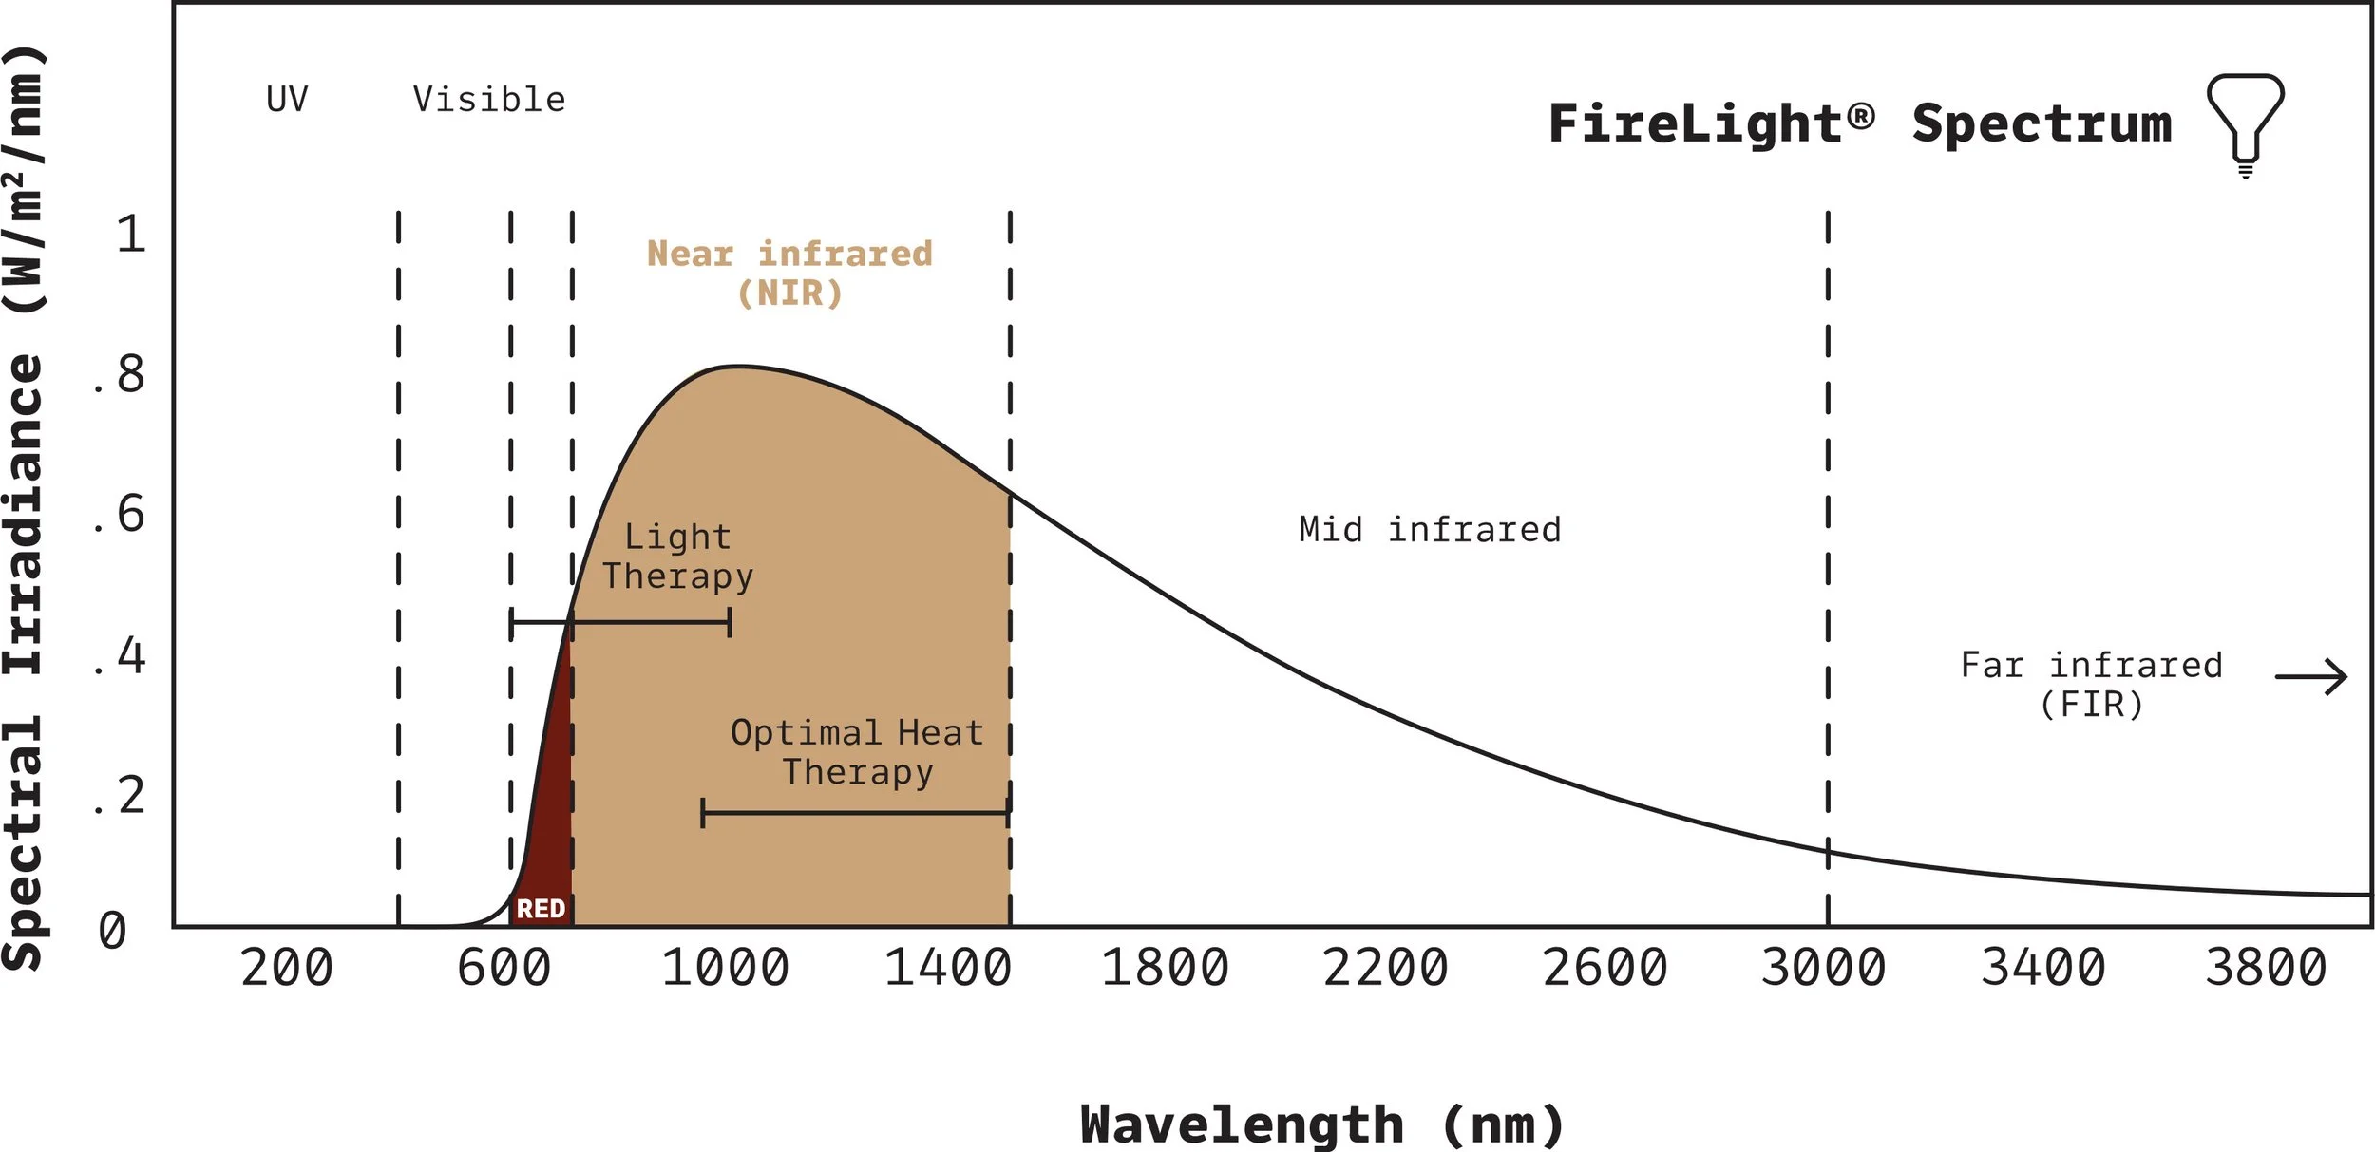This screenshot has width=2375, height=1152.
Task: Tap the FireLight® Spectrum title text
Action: [1859, 124]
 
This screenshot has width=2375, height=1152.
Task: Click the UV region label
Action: [287, 100]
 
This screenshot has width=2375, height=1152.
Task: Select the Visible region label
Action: [489, 100]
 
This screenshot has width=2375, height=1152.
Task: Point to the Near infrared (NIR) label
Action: [789, 273]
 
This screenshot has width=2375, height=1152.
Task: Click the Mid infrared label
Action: [1430, 530]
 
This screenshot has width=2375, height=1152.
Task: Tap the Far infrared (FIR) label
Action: [2091, 685]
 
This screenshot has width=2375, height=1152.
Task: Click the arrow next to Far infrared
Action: [2310, 677]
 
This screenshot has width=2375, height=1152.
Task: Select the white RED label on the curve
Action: [541, 909]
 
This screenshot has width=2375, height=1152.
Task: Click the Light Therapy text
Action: [677, 557]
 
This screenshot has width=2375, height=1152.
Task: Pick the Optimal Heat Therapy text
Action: [857, 752]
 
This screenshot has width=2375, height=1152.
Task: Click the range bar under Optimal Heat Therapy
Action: [855, 813]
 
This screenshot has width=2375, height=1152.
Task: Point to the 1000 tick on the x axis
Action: [725, 969]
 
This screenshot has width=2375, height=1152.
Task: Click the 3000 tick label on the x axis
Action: [1823, 969]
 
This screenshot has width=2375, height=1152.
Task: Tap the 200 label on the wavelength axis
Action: [287, 969]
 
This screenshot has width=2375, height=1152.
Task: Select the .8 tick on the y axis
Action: [121, 375]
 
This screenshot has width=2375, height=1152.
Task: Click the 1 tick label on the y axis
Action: [131, 235]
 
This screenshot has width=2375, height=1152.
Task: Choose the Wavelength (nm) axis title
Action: [1321, 1125]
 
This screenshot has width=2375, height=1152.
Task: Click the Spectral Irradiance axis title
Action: [24, 508]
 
